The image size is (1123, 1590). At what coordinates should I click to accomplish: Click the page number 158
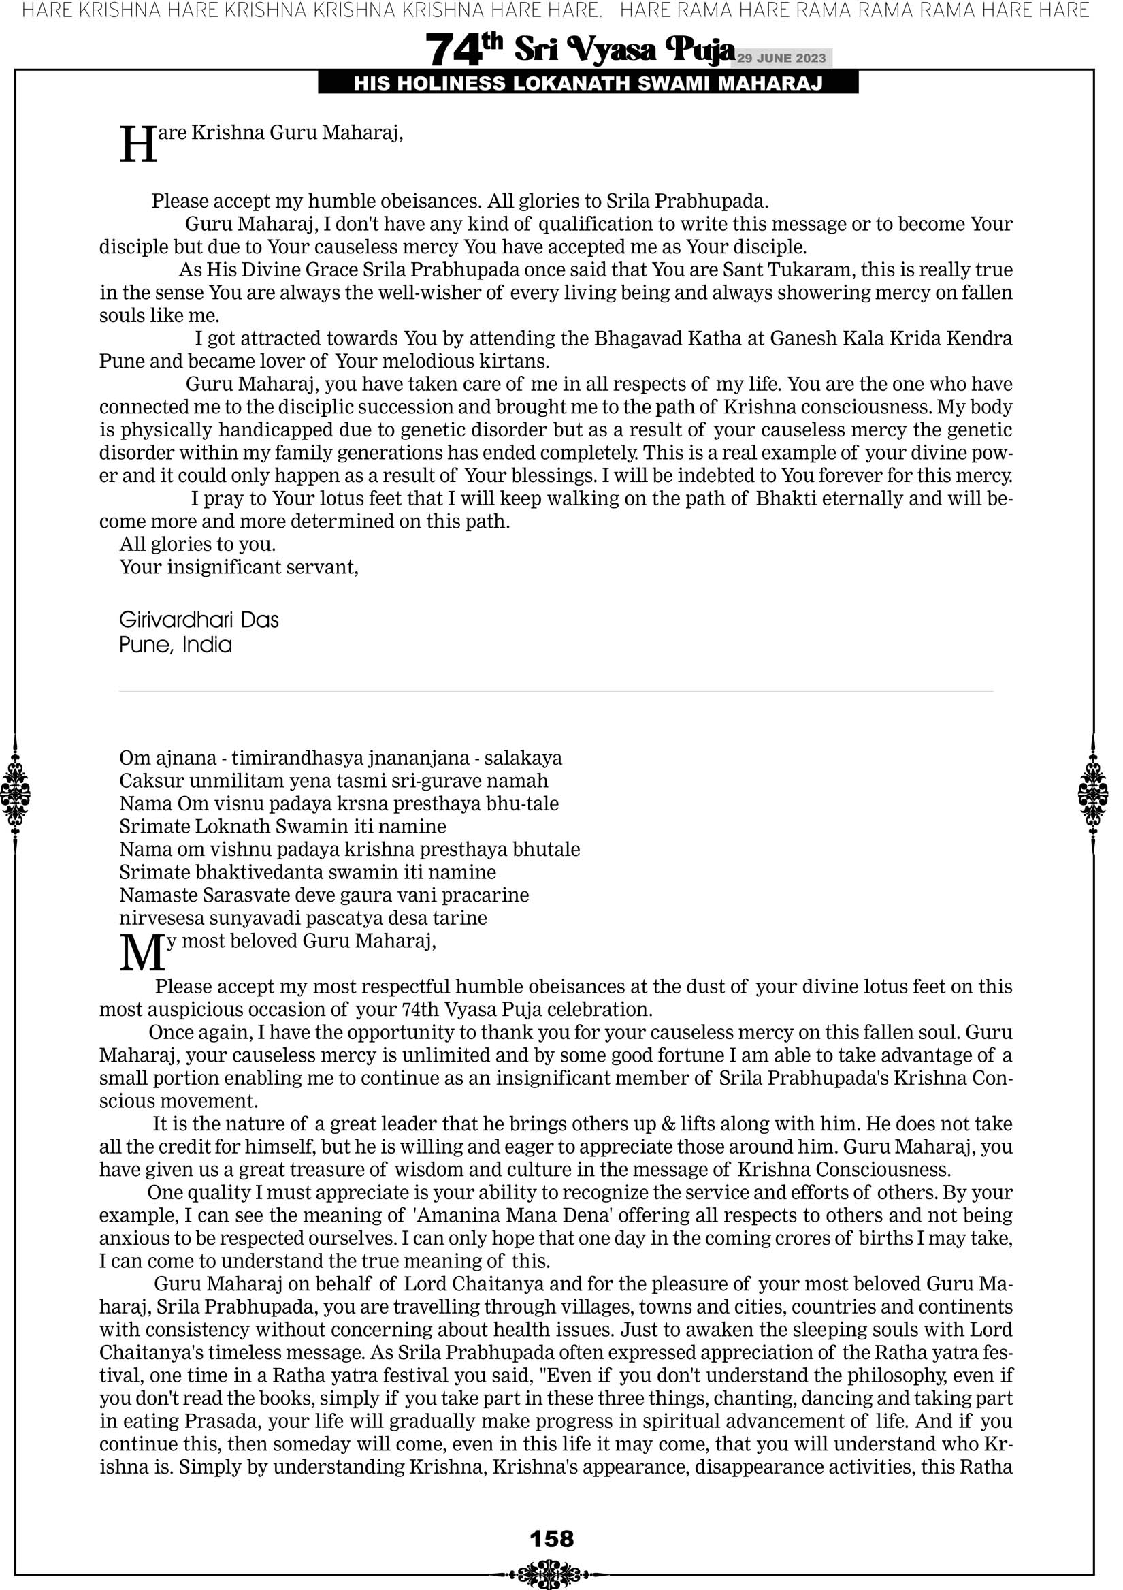tap(551, 1540)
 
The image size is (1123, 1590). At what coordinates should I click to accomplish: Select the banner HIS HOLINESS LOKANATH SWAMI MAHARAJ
tap(588, 84)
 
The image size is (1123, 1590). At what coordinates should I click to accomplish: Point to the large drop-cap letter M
tap(142, 953)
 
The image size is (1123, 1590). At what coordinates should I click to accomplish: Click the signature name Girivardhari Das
tap(199, 620)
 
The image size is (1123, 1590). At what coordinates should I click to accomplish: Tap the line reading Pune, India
tap(175, 645)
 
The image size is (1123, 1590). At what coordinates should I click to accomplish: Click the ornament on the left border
tap(15, 793)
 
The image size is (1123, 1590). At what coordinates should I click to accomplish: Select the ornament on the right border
tap(1093, 793)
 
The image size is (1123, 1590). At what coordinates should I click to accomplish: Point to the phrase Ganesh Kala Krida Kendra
tap(891, 338)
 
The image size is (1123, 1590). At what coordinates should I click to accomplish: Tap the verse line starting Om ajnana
tap(340, 759)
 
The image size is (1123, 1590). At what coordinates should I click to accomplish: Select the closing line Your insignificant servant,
tap(239, 567)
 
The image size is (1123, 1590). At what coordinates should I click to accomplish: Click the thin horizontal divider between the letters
tap(556, 691)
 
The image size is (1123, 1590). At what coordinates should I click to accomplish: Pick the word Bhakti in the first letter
tap(787, 498)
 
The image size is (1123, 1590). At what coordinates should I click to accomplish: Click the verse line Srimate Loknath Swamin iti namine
tap(282, 827)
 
